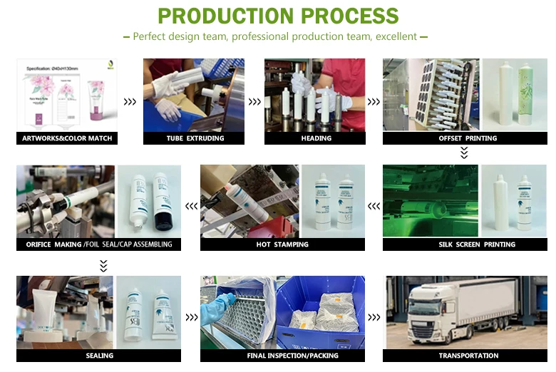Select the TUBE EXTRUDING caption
coord(195,138)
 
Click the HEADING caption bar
coord(316,138)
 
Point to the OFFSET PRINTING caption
coord(468,138)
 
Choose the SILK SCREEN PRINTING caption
coord(468,244)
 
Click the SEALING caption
coord(99,355)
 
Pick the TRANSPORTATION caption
coord(468,355)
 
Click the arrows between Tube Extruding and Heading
coord(254,102)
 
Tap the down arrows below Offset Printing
coord(464,153)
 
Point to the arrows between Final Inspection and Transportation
coord(375,318)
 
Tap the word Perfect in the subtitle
coord(149,36)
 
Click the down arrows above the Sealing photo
coord(103,265)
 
